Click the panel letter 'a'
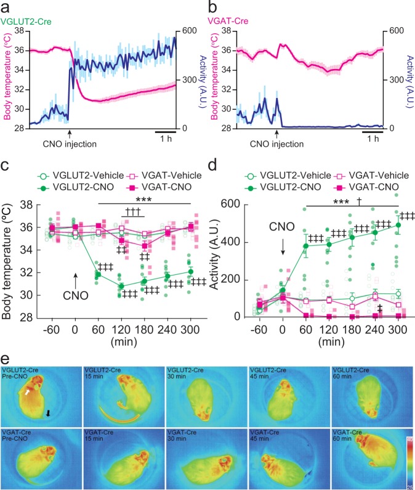tap(5, 7)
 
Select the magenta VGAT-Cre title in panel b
tap(230, 22)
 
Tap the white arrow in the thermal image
tap(26, 390)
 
